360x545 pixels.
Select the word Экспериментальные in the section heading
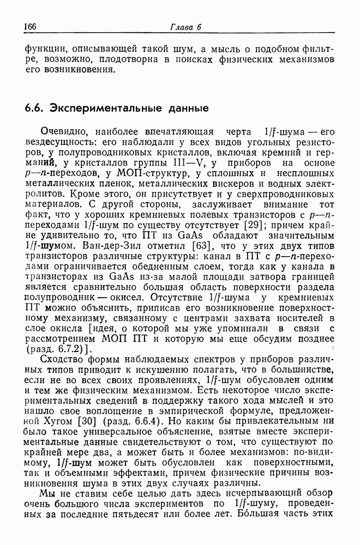click(97, 108)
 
